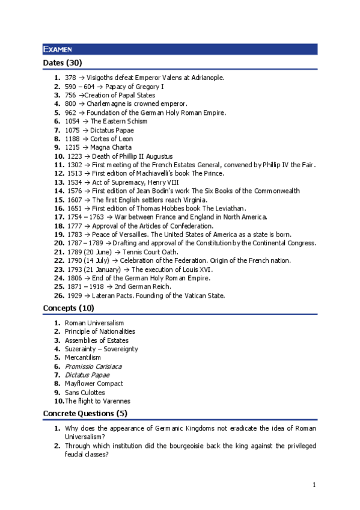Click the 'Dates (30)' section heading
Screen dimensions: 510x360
point(63,63)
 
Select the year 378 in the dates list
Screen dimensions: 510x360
point(70,78)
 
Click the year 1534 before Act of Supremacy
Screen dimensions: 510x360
point(73,182)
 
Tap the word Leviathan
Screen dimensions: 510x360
point(228,208)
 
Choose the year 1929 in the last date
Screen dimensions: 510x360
point(73,295)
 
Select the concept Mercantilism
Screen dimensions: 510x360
point(83,357)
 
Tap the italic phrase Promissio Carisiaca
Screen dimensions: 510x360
point(93,366)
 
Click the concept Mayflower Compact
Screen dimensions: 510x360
point(94,384)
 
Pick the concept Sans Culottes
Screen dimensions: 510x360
point(85,392)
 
